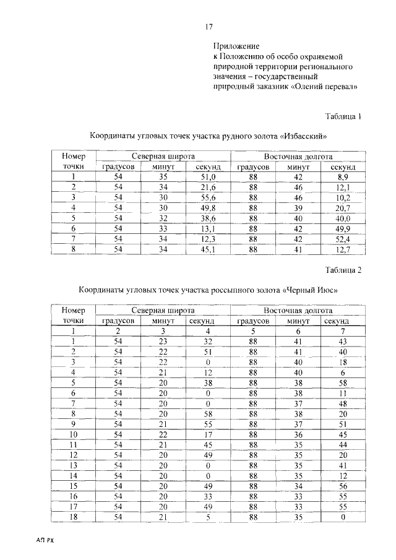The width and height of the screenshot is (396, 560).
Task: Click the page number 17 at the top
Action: (x=209, y=26)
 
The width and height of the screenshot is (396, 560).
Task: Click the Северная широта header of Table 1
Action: (x=163, y=157)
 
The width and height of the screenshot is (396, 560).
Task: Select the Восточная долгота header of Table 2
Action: (x=298, y=311)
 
